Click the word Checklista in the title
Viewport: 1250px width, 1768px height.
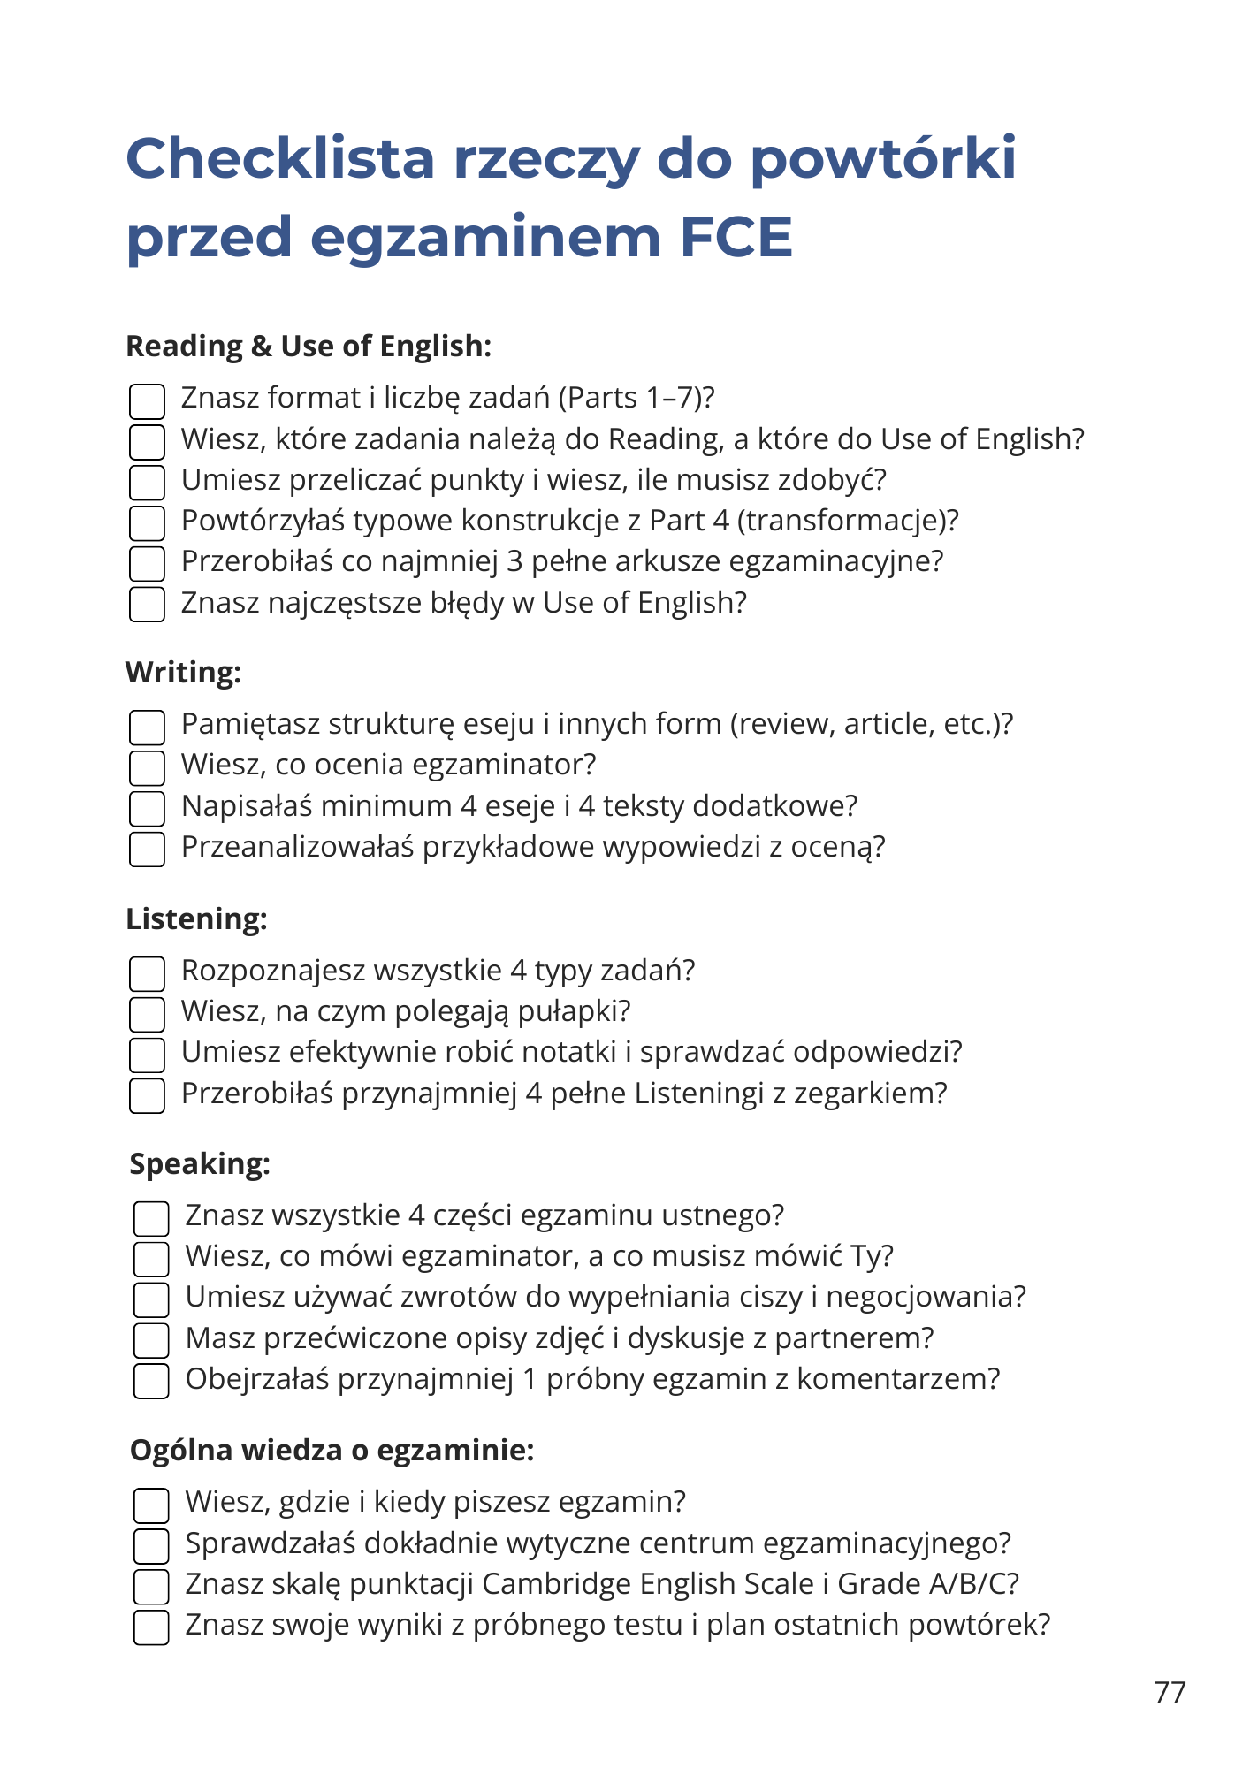coord(280,158)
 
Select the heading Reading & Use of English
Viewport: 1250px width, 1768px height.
coord(309,347)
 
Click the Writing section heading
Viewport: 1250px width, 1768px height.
coord(183,673)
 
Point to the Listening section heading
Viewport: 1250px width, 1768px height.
coord(196,919)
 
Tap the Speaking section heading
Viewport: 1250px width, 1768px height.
coord(200,1164)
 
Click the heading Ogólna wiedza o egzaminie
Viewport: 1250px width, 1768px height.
coord(332,1451)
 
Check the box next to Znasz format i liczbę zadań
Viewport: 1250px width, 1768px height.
coord(147,401)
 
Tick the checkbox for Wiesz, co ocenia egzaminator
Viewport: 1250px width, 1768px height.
coord(147,767)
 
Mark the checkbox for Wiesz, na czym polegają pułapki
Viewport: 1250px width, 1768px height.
coord(147,1014)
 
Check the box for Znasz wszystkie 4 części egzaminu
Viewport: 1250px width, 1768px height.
coord(151,1218)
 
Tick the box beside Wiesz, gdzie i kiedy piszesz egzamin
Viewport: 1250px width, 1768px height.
coord(151,1505)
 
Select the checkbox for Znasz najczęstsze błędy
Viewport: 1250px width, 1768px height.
coord(147,605)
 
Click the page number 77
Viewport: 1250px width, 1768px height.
coord(1170,1692)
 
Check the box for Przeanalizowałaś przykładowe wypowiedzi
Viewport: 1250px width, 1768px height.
coord(147,850)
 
